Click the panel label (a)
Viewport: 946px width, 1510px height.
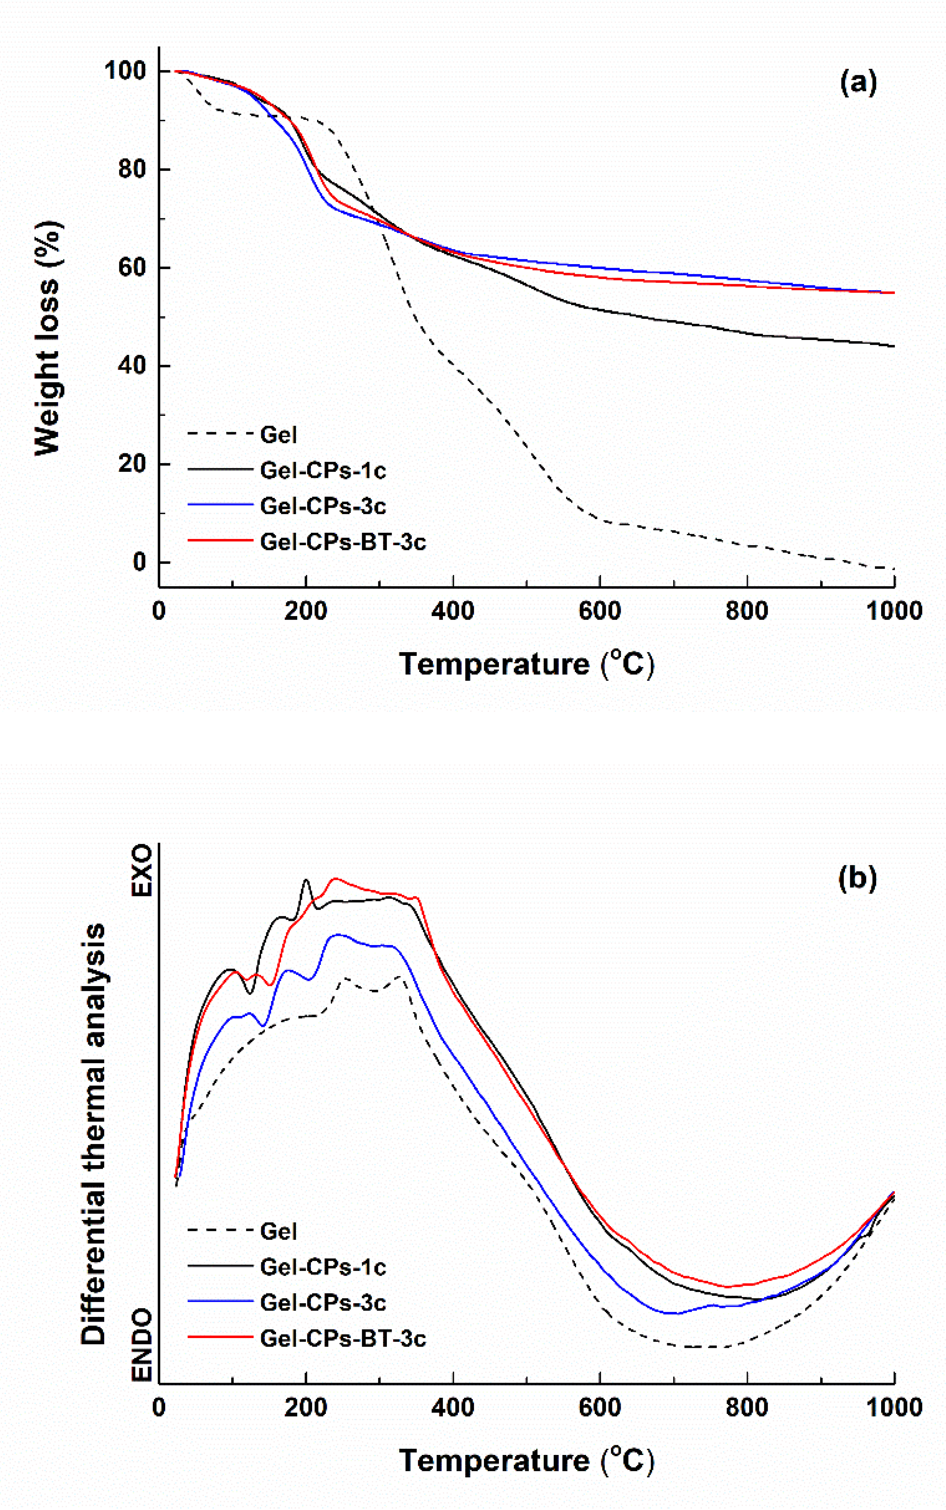click(x=858, y=82)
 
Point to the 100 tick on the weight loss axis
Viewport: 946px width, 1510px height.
click(x=125, y=71)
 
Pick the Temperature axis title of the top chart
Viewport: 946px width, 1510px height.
click(x=526, y=663)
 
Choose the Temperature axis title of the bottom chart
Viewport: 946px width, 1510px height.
click(x=526, y=1460)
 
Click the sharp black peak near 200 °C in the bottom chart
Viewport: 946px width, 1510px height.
click(x=306, y=880)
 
